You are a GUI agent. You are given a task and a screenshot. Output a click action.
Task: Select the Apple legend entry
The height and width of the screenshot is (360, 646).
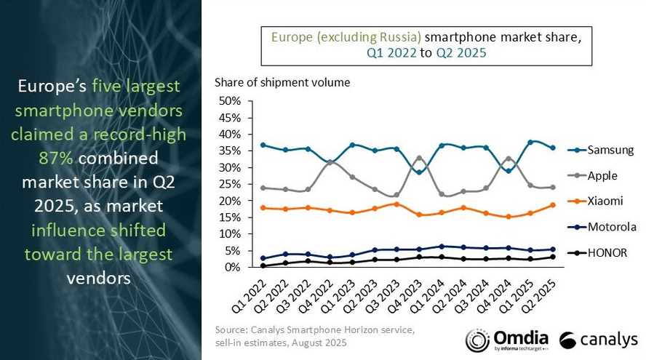pyautogui.click(x=602, y=175)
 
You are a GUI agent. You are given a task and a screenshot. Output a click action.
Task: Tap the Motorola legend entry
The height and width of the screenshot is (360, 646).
pyautogui.click(x=610, y=227)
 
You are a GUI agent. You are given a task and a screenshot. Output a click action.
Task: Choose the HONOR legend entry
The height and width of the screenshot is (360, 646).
pyautogui.click(x=606, y=252)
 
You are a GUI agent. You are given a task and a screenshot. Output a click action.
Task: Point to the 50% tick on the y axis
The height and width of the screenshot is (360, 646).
pyautogui.click(x=229, y=100)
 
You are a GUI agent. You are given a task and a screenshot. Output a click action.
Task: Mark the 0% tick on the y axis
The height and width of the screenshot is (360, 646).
pyautogui.click(x=232, y=268)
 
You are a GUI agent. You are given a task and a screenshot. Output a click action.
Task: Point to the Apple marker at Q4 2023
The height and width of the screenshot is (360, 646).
pyautogui.click(x=418, y=158)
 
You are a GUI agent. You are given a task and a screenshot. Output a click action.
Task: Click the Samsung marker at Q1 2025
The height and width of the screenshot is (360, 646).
pyautogui.click(x=530, y=142)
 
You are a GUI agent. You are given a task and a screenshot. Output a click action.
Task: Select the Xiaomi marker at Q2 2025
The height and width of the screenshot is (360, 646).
pyautogui.click(x=552, y=205)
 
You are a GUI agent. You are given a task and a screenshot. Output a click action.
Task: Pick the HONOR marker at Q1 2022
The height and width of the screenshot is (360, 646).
pyautogui.click(x=262, y=265)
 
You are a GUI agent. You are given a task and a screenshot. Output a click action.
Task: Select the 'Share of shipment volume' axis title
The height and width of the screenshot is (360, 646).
pyautogui.click(x=282, y=82)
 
